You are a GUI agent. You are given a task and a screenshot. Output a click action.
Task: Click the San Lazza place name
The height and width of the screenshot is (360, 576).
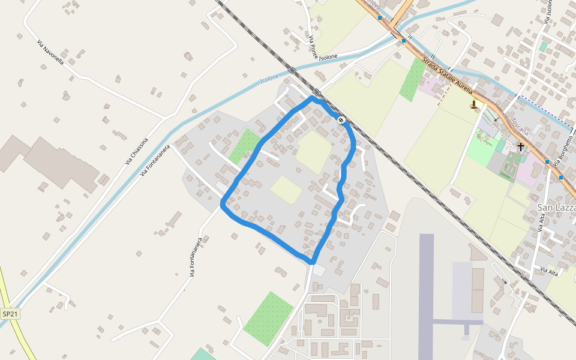pos(556,208)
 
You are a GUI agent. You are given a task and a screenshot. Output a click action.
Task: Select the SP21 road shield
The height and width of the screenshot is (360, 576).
pos(10,314)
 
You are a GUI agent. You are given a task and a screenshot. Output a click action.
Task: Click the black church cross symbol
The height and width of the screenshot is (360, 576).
pos(521,146)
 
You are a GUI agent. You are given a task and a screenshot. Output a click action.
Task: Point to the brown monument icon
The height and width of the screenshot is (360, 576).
pos(474,105)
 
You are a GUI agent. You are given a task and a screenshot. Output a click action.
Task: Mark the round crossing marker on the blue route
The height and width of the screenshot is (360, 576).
pos(341,120)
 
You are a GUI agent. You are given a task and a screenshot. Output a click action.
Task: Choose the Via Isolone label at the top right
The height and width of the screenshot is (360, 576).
pos(548,11)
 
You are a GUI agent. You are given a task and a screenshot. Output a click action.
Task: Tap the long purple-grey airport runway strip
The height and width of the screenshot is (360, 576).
pos(426,294)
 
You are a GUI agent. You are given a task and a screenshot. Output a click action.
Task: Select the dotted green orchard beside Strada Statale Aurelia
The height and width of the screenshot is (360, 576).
pos(412,79)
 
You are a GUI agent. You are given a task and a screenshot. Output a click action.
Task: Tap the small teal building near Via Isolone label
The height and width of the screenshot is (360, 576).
pos(543,46)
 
